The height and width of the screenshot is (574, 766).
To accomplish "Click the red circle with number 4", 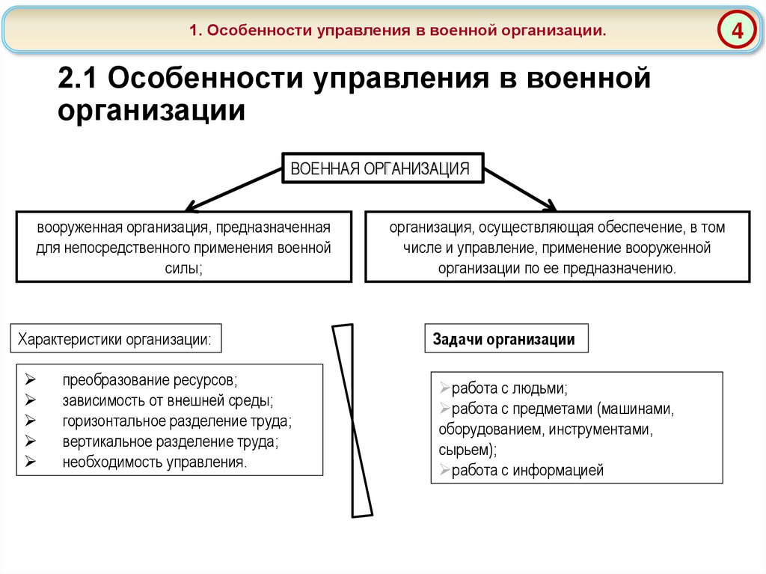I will (x=738, y=32).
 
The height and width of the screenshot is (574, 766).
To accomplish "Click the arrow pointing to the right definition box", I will (x=520, y=187).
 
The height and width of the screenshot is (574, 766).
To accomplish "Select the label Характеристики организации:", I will (x=114, y=339).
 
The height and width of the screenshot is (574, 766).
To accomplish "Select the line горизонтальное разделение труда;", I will (x=177, y=421).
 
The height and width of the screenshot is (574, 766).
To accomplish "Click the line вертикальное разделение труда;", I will (x=171, y=442).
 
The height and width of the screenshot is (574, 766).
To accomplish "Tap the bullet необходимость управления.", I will (x=154, y=462).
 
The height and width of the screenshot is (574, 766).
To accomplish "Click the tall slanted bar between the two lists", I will (x=352, y=420).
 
